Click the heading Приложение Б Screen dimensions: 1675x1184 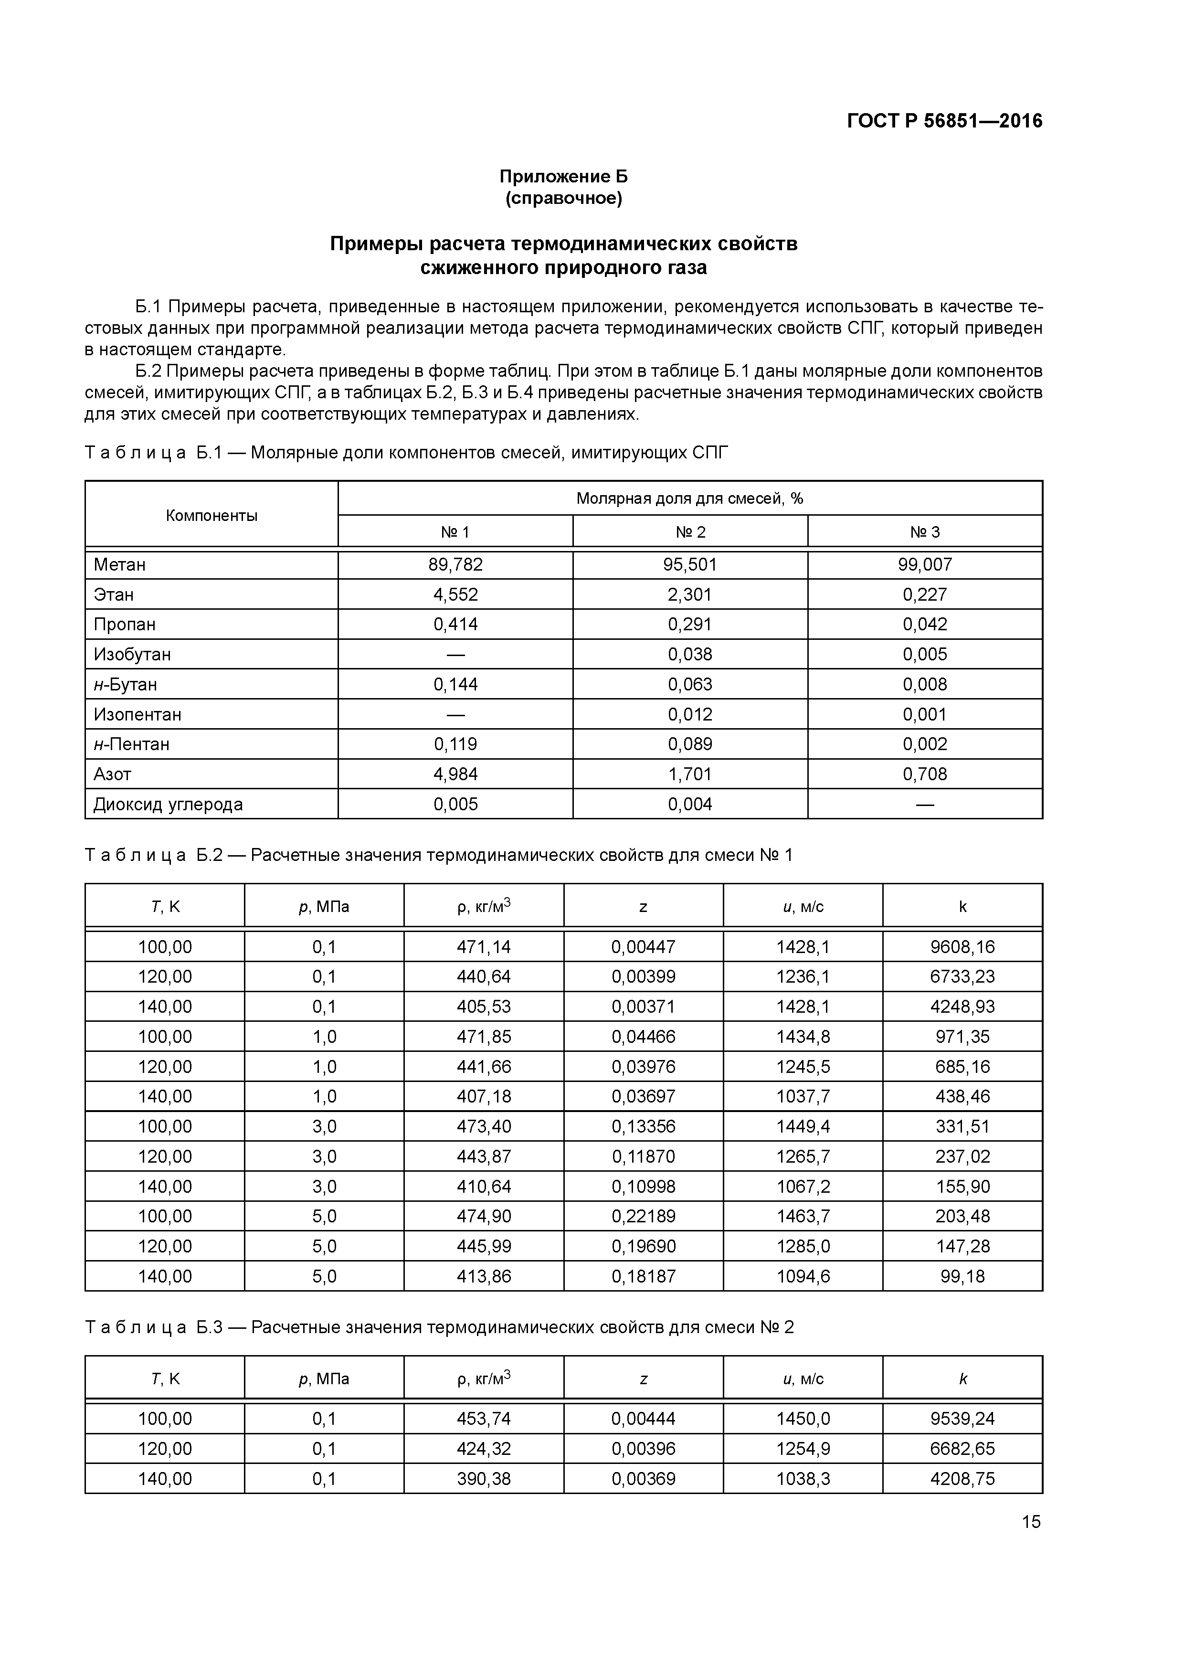(563, 177)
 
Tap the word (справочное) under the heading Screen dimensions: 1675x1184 (563, 199)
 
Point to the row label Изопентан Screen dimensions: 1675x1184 (137, 714)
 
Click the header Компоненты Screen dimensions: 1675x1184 (211, 515)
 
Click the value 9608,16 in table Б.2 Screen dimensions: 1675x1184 (962, 947)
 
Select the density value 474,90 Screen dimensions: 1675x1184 (483, 1216)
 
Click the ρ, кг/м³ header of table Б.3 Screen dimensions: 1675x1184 (483, 1378)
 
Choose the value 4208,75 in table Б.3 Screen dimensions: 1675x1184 (962, 1479)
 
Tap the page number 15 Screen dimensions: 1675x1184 (1031, 1522)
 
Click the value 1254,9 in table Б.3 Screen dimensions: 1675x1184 (803, 1449)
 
